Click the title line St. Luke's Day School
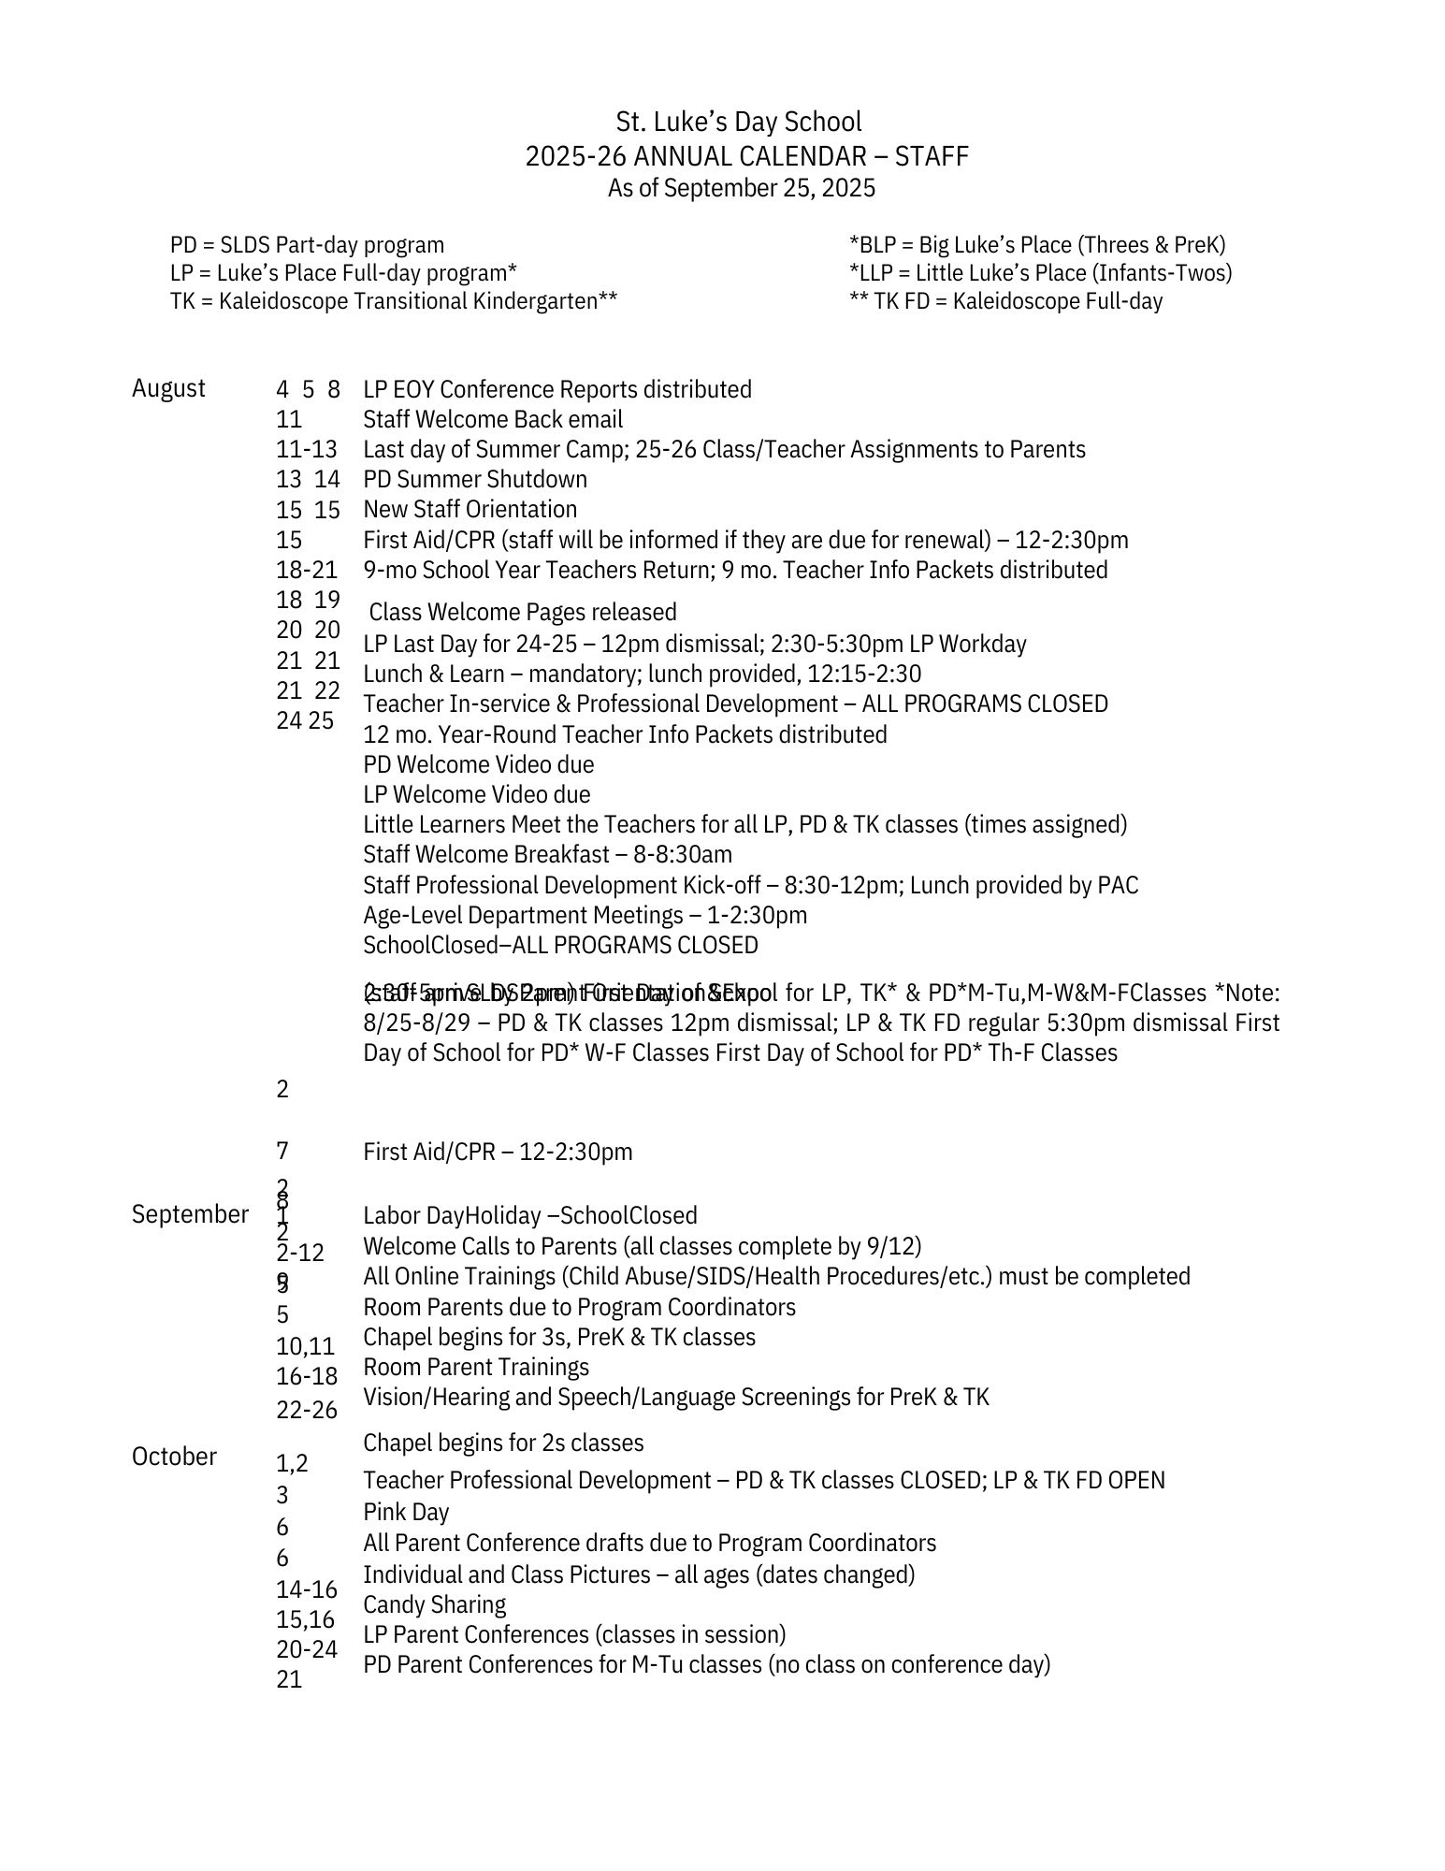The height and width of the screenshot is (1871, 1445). click(738, 123)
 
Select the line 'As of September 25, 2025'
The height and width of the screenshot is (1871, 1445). click(741, 189)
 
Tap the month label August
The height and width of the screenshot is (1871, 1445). click(168, 388)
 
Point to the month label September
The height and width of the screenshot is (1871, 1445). click(190, 1214)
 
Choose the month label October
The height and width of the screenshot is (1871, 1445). click(174, 1457)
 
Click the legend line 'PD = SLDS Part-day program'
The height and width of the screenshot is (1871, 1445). click(307, 245)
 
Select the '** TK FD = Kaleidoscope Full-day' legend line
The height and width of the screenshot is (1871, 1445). click(1005, 301)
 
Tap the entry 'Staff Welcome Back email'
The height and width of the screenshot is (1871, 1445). click(493, 419)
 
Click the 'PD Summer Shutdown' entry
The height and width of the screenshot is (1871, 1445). click(475, 479)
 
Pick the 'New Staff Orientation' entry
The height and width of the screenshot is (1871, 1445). click(470, 509)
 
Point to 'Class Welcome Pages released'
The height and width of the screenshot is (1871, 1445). click(523, 612)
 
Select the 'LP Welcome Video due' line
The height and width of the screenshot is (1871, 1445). click(477, 794)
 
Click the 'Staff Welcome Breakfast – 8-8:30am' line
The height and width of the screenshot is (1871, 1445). click(547, 854)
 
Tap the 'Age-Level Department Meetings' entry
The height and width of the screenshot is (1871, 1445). click(585, 915)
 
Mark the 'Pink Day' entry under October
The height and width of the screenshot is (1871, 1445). click(406, 1512)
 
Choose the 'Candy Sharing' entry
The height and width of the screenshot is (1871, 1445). click(434, 1604)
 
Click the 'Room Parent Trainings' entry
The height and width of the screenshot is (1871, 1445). click(476, 1367)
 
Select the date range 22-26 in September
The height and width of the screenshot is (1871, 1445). click(307, 1410)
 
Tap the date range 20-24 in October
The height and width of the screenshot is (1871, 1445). click(307, 1649)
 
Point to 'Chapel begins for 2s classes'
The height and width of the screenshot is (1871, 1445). click(503, 1443)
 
